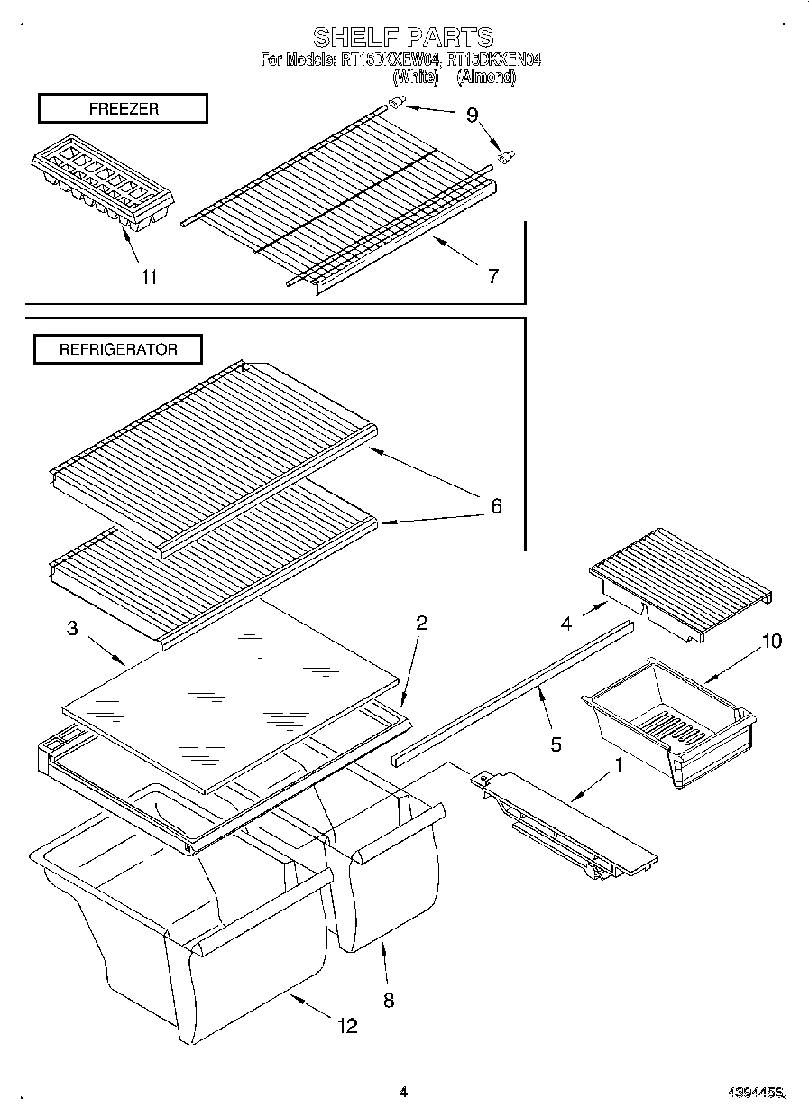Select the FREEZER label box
(x=123, y=108)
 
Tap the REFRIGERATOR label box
(x=118, y=349)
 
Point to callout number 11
(x=149, y=277)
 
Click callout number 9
(x=472, y=115)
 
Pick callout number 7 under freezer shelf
(x=492, y=276)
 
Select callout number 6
(x=495, y=506)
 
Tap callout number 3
(x=72, y=629)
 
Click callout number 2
(x=420, y=623)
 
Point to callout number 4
(x=565, y=623)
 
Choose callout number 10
(x=771, y=641)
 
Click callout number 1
(x=619, y=765)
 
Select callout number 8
(x=388, y=1000)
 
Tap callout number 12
(x=346, y=1025)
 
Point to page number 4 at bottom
(x=403, y=1093)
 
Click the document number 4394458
(x=756, y=1094)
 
